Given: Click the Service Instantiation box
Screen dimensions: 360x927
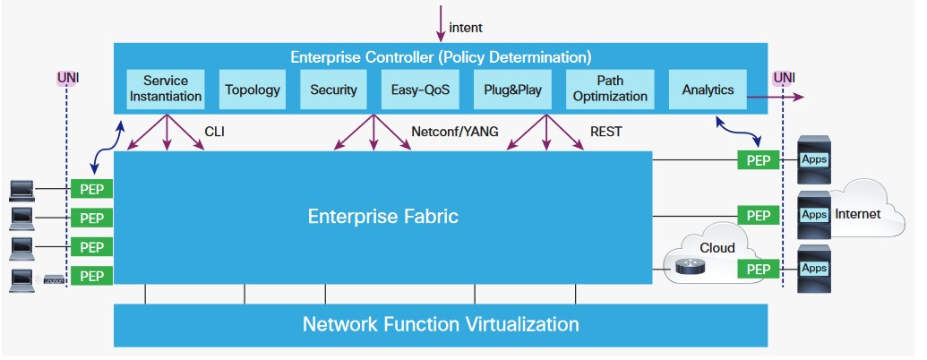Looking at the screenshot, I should coord(165,89).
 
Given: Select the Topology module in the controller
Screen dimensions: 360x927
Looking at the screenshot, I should coord(253,90).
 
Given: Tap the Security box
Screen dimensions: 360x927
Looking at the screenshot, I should coord(333,90).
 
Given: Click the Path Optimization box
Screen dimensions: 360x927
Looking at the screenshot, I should coord(609,89).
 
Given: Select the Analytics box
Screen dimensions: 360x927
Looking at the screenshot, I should coord(708,90).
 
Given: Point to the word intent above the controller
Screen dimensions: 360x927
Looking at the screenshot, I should coord(466,28).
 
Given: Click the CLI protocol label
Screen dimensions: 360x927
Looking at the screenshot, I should coord(215,132).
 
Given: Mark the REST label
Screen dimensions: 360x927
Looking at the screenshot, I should coord(605,132).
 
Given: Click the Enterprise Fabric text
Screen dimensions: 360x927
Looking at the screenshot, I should coord(382,216).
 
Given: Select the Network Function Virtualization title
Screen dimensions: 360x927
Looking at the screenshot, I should coord(440,323).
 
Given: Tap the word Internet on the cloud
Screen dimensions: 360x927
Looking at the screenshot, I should coord(857,214).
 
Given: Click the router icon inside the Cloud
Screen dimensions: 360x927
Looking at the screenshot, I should coord(690,266).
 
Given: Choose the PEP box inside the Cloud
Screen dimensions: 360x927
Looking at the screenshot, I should coord(758,269).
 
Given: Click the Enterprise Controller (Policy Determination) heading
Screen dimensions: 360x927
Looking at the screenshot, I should coord(440,57).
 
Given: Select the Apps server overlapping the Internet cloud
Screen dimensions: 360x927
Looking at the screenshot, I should coord(814,215).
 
